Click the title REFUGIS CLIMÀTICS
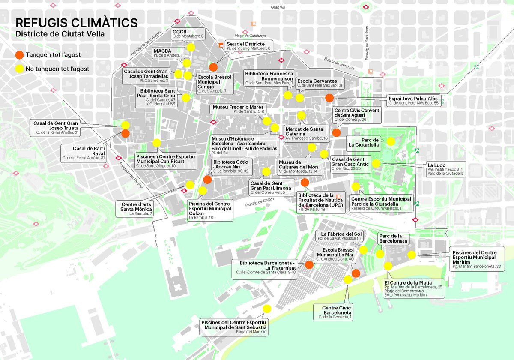pyautogui.click(x=77, y=22)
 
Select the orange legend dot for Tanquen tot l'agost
pyautogui.click(x=19, y=55)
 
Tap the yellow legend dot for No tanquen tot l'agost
pyautogui.click(x=19, y=68)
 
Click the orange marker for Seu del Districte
pyautogui.click(x=214, y=67)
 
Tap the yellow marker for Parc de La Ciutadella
pyautogui.click(x=391, y=141)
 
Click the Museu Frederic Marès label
pyautogui.click(x=238, y=109)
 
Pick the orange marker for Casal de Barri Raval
pyautogui.click(x=126, y=134)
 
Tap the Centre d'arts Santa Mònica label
pyautogui.click(x=136, y=209)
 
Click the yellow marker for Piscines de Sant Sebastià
pyautogui.click(x=267, y=309)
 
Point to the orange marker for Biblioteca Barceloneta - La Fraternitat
pyautogui.click(x=309, y=264)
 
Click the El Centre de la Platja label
pyautogui.click(x=413, y=288)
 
